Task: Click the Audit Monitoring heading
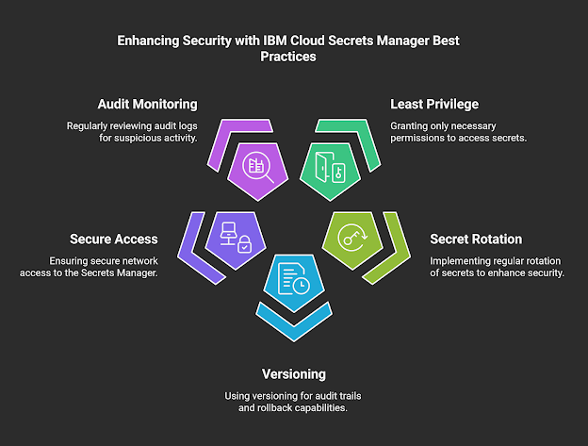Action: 147,104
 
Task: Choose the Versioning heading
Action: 295,374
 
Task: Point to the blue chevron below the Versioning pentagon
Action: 294,322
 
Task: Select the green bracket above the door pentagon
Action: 351,130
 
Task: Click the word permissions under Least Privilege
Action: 422,139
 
